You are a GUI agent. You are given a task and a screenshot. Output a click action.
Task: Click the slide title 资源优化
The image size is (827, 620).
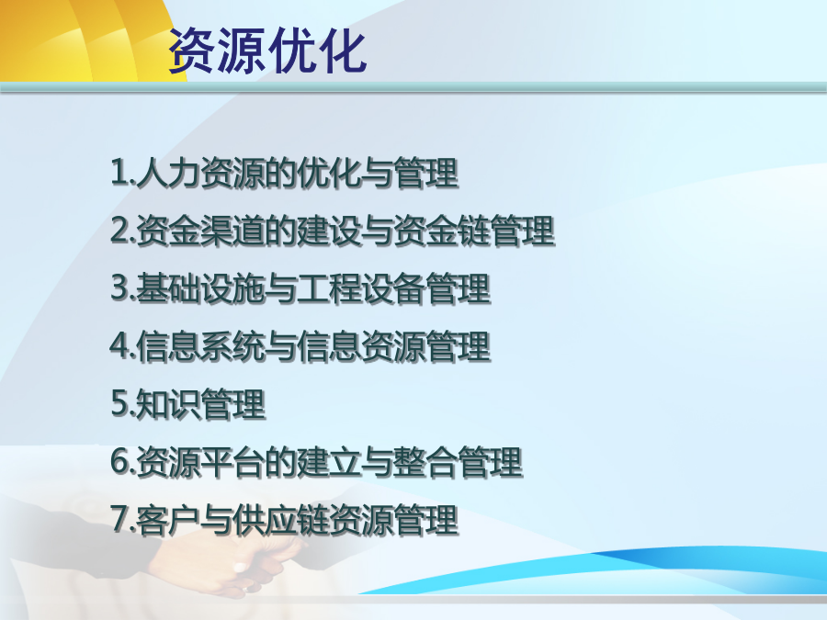click(x=267, y=51)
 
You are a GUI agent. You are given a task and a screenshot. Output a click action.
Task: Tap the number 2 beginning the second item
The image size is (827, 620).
click(x=119, y=230)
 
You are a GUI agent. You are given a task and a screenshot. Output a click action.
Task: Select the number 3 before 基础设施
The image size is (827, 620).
click(x=119, y=287)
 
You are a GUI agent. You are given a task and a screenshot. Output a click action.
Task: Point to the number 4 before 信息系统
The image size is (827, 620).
click(x=119, y=345)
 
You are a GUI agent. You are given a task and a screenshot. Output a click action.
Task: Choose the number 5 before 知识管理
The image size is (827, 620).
click(x=119, y=403)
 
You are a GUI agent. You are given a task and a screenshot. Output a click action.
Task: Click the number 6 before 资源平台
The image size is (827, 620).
click(x=119, y=461)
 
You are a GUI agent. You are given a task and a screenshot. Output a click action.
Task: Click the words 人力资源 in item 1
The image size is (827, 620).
click(x=200, y=173)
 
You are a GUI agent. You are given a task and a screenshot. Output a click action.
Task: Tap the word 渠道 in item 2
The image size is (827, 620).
click(x=232, y=231)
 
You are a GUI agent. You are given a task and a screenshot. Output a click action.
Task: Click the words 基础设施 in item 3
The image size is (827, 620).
click(x=200, y=288)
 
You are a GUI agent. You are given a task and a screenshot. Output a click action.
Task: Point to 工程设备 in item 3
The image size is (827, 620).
click(x=361, y=288)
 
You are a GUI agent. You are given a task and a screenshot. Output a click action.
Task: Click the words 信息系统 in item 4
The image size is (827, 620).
click(x=200, y=346)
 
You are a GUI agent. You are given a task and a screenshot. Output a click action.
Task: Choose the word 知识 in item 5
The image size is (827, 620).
click(x=168, y=404)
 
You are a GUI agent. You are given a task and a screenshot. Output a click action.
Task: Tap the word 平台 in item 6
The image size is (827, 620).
click(x=232, y=462)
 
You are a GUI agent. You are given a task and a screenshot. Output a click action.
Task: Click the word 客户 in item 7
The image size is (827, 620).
click(x=168, y=521)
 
